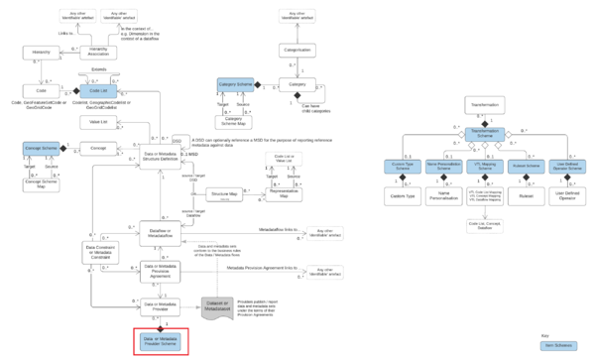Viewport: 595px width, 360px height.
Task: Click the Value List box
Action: (98, 120)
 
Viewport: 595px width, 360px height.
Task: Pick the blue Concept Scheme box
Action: (42, 147)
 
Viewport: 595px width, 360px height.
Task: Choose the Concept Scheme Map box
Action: (42, 183)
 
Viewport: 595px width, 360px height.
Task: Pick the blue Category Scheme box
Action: (236, 85)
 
